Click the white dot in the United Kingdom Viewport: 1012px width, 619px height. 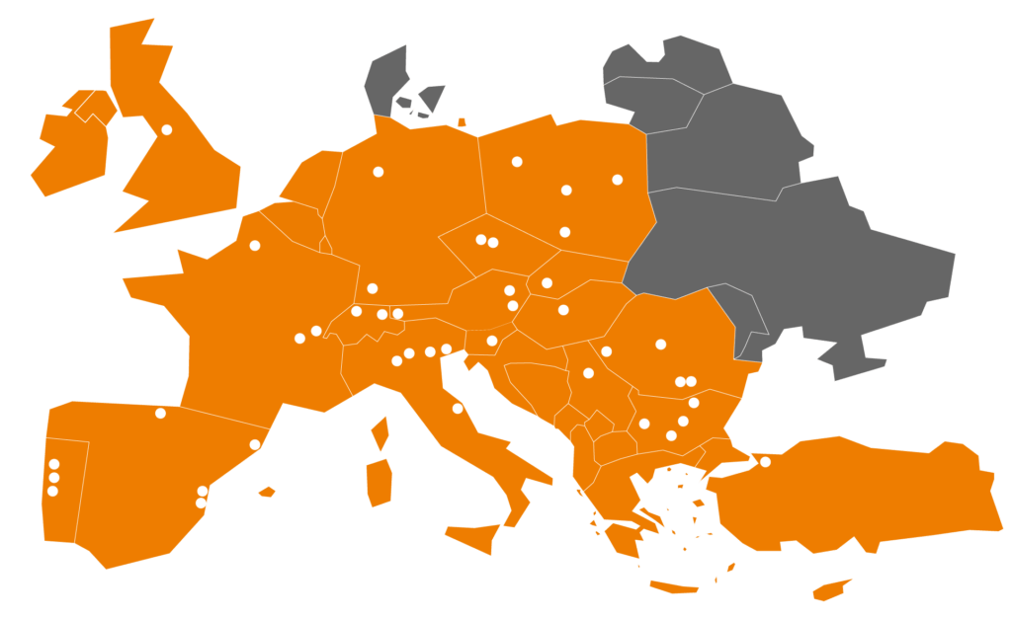167,129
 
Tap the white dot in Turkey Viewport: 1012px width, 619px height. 765,462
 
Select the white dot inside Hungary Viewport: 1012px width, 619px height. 563,310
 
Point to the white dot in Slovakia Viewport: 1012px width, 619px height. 547,283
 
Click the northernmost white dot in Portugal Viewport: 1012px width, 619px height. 54,464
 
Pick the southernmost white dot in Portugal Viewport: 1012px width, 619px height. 52,491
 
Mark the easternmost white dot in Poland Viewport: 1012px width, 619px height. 618,180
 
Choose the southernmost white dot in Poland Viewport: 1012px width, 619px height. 564,232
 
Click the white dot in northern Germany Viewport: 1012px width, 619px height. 378,172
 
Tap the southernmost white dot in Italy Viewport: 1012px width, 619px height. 458,409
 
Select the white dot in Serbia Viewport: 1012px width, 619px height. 588,373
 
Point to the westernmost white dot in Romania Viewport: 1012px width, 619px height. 606,351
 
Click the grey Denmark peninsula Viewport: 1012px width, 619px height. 388,79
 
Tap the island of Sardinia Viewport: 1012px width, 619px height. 379,482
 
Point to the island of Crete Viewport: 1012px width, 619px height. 674,588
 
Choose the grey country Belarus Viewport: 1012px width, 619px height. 731,138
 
